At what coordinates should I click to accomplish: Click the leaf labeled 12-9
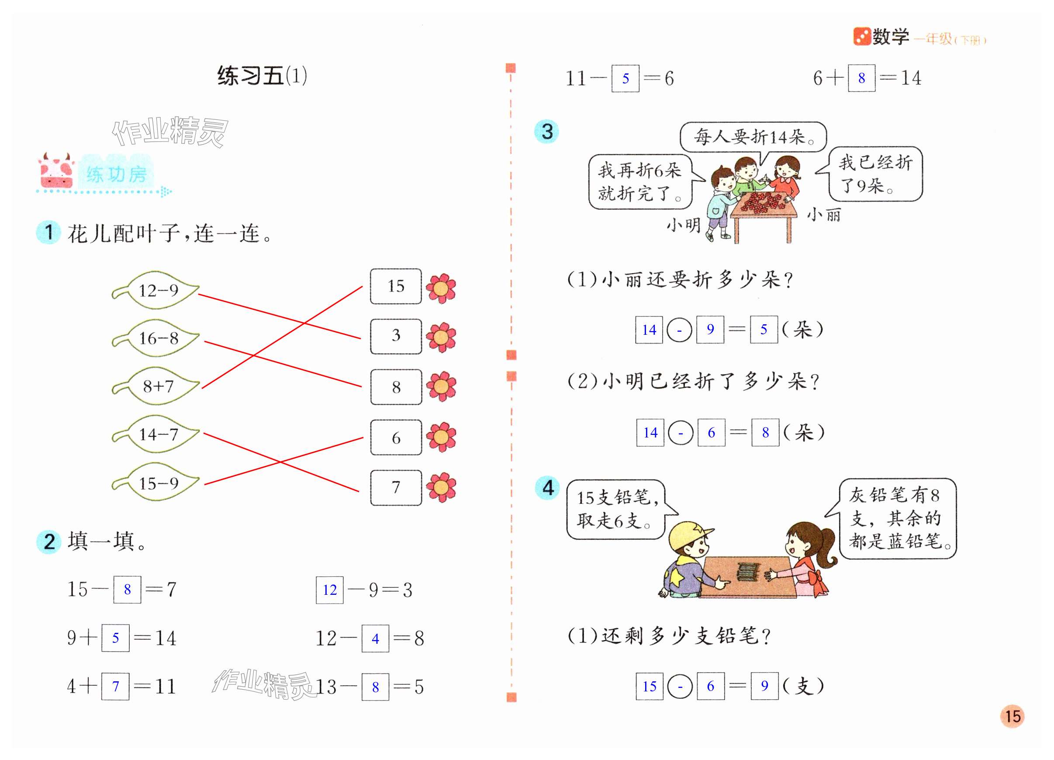pyautogui.click(x=158, y=291)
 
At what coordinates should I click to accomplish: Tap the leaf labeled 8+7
pyautogui.click(x=158, y=386)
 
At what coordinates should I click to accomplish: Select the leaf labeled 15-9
pyautogui.click(x=158, y=483)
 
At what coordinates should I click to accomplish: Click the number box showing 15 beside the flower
pyautogui.click(x=395, y=286)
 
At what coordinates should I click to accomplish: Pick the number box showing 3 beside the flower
pyautogui.click(x=395, y=336)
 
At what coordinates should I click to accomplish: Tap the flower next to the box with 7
pyautogui.click(x=441, y=488)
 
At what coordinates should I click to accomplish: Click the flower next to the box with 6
pyautogui.click(x=441, y=437)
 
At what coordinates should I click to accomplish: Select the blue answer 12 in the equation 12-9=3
pyautogui.click(x=329, y=590)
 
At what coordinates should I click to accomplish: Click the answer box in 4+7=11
pyautogui.click(x=115, y=686)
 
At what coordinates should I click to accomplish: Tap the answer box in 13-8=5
pyautogui.click(x=375, y=687)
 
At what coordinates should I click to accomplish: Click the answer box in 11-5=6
pyautogui.click(x=625, y=79)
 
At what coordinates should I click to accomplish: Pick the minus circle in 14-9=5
pyautogui.click(x=679, y=330)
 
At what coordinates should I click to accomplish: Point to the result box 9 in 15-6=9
pyautogui.click(x=764, y=686)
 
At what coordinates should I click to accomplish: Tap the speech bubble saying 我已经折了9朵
pyautogui.click(x=875, y=174)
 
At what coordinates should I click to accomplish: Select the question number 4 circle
pyautogui.click(x=547, y=488)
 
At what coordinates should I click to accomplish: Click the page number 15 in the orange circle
pyautogui.click(x=1012, y=716)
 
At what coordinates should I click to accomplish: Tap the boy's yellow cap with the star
pyautogui.click(x=688, y=534)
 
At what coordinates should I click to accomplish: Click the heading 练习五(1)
pyautogui.click(x=262, y=76)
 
